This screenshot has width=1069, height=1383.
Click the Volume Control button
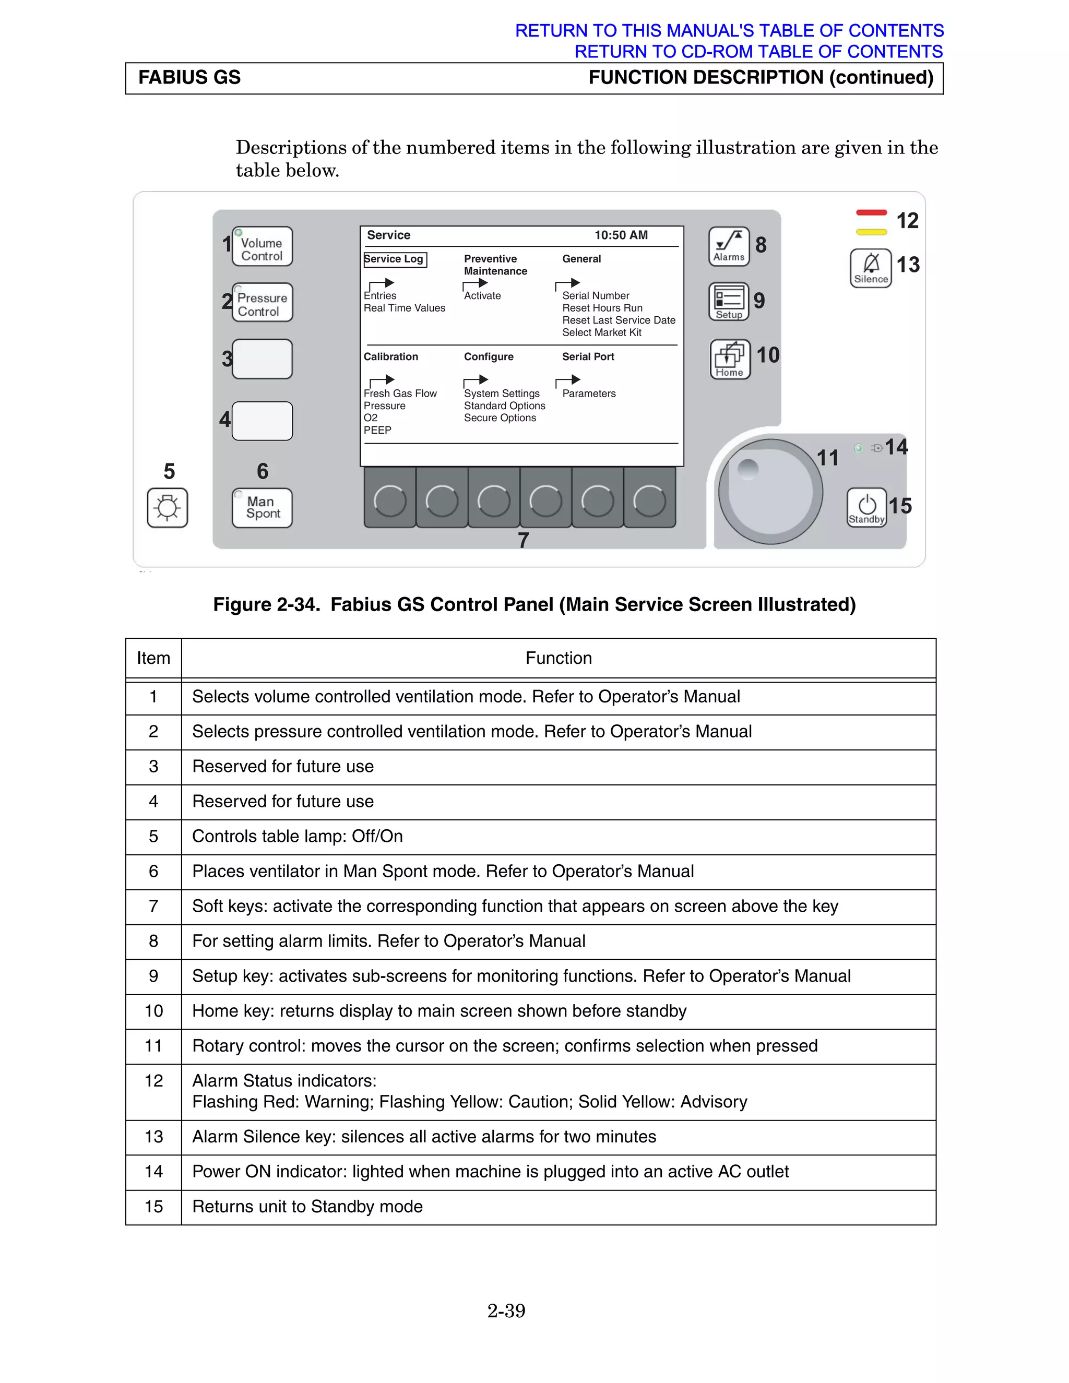pos(262,247)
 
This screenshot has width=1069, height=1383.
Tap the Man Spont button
pos(262,508)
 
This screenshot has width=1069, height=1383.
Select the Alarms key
pos(728,247)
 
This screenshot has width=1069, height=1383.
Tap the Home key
pos(730,360)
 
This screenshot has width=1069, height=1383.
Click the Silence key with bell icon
pos(871,268)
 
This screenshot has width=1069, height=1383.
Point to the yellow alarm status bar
pos(871,232)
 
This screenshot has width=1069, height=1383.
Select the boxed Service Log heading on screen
pos(395,259)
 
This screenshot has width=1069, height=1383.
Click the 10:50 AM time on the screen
pos(621,235)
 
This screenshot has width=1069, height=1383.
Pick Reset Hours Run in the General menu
pos(602,308)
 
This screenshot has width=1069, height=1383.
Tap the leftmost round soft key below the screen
pos(390,500)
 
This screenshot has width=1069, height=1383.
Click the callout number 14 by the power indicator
pos(896,447)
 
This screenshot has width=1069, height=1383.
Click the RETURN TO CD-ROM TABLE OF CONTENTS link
pos(758,51)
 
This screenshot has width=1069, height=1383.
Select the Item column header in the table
pos(153,658)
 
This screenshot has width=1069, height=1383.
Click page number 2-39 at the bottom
pos(506,1311)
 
